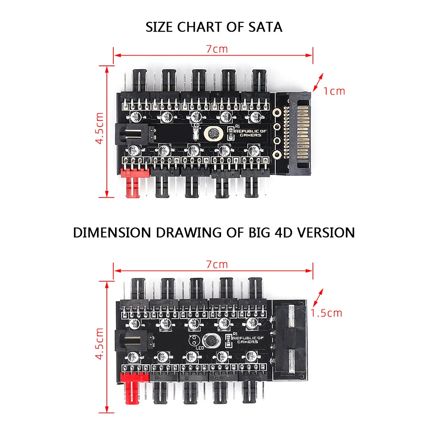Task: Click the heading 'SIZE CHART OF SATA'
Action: point(214,27)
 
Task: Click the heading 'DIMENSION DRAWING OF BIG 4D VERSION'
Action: point(214,233)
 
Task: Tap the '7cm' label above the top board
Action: point(217,49)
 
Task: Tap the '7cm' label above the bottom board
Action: point(217,264)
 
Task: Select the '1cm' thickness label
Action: point(334,91)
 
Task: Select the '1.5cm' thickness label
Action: point(327,313)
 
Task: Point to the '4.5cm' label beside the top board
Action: point(100,128)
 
